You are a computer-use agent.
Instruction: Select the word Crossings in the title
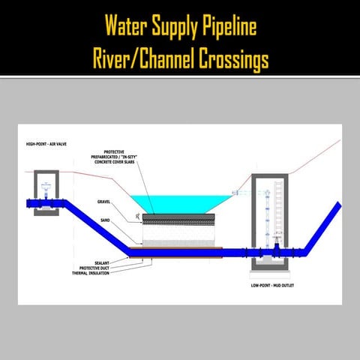(x=226, y=58)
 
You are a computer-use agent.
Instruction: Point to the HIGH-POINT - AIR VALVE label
(x=48, y=143)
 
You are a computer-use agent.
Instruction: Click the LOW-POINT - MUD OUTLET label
(x=274, y=286)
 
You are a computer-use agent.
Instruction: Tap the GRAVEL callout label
(x=104, y=201)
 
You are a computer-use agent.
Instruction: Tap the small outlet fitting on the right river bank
(x=235, y=193)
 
